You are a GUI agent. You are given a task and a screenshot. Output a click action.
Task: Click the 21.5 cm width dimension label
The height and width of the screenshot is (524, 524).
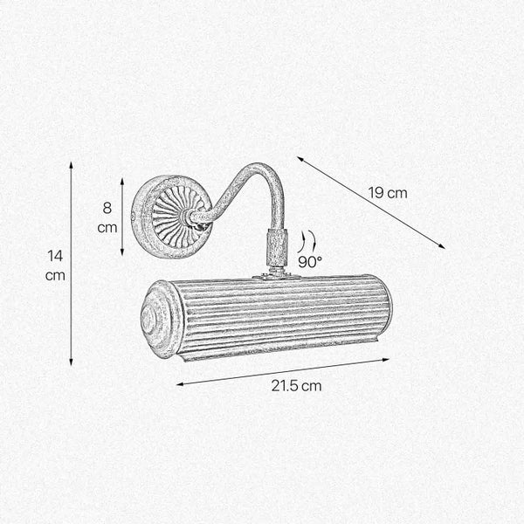click(294, 385)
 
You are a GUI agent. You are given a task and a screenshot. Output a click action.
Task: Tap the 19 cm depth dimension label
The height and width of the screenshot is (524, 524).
click(388, 192)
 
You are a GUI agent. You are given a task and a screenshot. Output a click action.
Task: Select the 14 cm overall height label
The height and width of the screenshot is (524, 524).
click(56, 265)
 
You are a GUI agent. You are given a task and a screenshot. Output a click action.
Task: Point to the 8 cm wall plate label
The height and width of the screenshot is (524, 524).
click(107, 217)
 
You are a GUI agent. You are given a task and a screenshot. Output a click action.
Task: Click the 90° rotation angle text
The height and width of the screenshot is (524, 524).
click(309, 261)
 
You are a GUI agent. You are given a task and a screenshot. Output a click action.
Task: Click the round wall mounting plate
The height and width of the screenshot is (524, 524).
click(170, 215)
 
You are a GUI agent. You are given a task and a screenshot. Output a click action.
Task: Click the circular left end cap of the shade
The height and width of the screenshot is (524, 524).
click(162, 321)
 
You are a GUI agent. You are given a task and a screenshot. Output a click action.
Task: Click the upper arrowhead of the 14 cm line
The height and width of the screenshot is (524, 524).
click(71, 163)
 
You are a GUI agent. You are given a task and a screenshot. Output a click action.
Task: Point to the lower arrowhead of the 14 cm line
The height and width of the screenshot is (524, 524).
click(71, 363)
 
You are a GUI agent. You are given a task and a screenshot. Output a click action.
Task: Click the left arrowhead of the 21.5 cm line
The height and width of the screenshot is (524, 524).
click(178, 384)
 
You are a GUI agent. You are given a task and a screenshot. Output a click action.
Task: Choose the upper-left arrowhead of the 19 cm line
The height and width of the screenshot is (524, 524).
click(299, 158)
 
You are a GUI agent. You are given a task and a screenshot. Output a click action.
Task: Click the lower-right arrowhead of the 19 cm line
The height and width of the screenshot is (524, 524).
click(444, 248)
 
